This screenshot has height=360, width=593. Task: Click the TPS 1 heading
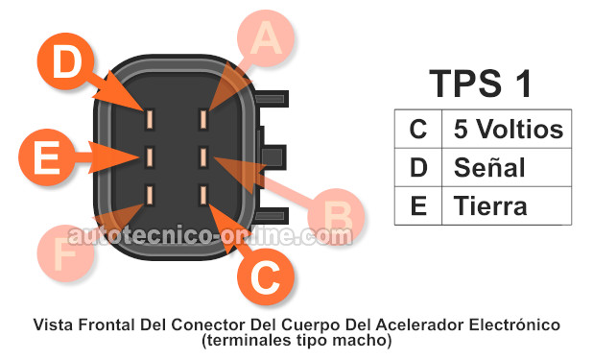[x=480, y=84]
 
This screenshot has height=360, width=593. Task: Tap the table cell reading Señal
[x=489, y=168]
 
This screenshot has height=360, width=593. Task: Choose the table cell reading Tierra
[x=490, y=206]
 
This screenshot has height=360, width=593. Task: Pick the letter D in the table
[x=418, y=168]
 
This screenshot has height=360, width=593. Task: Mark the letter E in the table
[x=418, y=206]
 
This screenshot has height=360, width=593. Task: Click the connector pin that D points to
[x=151, y=119]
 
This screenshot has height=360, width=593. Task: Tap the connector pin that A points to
[x=204, y=119]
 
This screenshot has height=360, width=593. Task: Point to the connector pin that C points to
[x=204, y=196]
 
